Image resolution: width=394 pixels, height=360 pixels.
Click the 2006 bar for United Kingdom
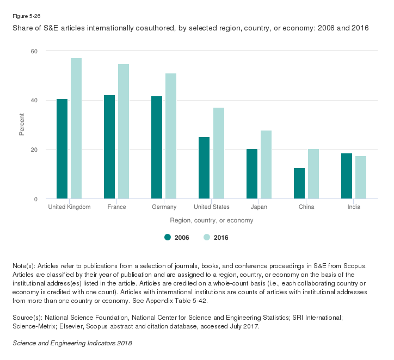62,149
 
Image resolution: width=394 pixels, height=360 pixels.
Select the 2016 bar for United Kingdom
76,128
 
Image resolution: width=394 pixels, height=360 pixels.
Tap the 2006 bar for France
109,147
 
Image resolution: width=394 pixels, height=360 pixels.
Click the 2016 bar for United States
218,153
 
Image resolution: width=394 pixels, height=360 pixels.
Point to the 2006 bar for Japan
252,174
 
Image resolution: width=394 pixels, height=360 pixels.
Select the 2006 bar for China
299,183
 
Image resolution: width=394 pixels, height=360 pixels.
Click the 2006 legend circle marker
168,237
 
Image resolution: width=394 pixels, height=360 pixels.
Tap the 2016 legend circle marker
207,237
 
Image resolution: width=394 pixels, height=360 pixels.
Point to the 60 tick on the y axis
34,51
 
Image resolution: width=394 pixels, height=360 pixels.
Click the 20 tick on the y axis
34,150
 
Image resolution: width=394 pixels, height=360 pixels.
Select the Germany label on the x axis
164,207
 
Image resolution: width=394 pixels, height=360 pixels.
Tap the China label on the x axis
306,207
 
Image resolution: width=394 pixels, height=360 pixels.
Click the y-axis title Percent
22,125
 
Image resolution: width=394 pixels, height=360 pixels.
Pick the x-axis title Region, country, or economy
212,221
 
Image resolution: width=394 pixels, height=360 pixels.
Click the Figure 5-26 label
26,16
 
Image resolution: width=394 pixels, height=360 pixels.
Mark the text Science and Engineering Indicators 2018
72,344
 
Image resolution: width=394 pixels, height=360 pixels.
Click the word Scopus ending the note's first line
355,266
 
